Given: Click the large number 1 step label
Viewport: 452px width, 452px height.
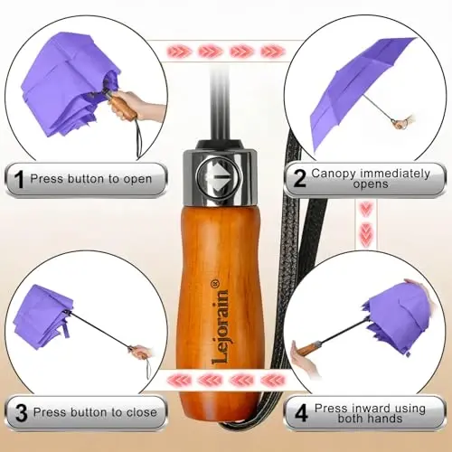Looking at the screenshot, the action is (19, 179).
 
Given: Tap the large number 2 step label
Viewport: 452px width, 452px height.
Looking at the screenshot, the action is (299, 178).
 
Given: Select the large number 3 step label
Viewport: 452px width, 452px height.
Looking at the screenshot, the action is (21, 413).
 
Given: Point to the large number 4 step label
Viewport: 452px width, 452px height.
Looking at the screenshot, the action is (301, 413).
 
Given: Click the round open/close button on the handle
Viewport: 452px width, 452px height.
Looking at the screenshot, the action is (219, 178).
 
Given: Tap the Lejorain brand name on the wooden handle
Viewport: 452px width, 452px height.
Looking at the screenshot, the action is (220, 327).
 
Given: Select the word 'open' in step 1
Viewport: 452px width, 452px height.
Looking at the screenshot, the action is (137, 180).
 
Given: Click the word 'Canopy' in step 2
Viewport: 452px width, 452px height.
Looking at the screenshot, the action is (334, 174).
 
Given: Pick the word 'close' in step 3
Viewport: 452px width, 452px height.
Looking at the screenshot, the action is (142, 412).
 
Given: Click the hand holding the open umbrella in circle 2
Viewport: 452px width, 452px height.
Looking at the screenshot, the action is (405, 121).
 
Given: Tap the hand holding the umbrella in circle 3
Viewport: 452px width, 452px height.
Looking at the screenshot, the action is (142, 352).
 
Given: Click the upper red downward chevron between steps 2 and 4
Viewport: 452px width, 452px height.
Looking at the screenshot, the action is (366, 209).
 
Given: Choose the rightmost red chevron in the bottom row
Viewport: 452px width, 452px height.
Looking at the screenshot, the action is (273, 381).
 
